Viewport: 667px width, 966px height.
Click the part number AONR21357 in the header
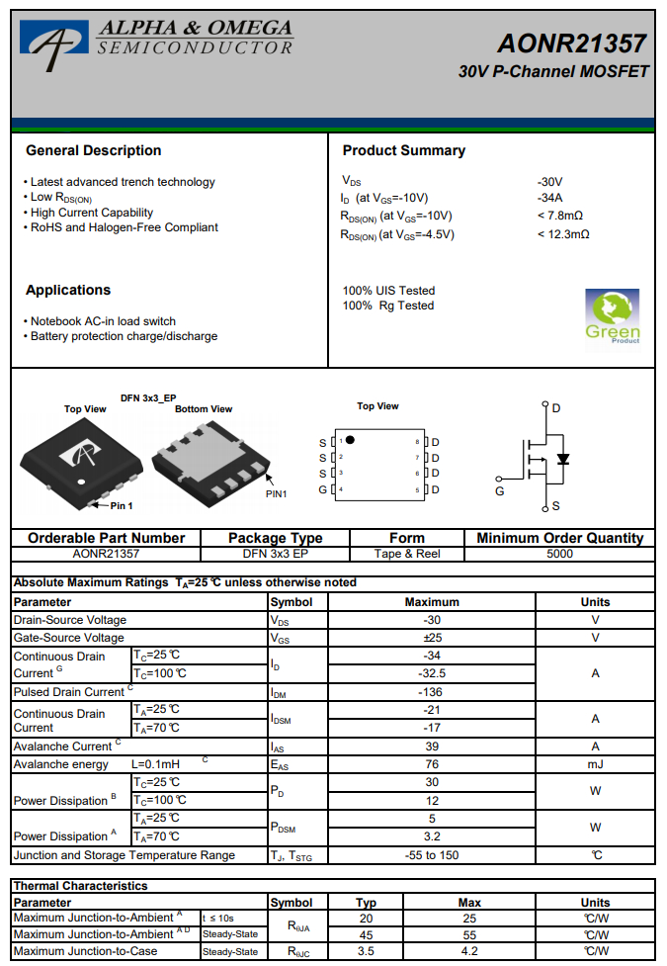[x=572, y=44]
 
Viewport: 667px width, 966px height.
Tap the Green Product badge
[x=612, y=315]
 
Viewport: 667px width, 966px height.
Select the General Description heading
[x=93, y=150]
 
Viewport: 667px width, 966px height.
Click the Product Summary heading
[x=403, y=150]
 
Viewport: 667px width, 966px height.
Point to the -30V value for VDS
[x=549, y=182]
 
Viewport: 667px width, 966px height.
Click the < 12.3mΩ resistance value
[x=563, y=234]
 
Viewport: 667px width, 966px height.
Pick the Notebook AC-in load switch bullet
[x=103, y=321]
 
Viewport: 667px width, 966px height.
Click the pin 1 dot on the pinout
[x=350, y=440]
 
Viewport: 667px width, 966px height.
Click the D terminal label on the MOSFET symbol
[x=556, y=407]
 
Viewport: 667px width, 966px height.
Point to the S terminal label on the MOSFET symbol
[x=555, y=506]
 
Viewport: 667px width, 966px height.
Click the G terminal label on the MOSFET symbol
[x=499, y=490]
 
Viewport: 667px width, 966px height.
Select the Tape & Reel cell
[x=407, y=554]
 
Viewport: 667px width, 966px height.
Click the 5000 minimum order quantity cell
[x=559, y=554]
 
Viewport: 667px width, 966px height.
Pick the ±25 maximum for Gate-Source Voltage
[x=432, y=638]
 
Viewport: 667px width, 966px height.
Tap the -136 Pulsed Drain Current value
[x=432, y=692]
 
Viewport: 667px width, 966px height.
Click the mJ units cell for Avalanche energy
[x=595, y=764]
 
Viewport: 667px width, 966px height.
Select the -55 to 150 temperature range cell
[x=432, y=855]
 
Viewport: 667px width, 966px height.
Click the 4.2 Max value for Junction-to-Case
[x=469, y=951]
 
